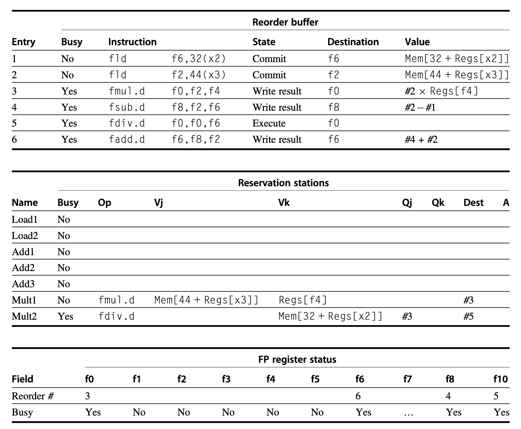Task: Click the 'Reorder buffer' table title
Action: [x=285, y=22]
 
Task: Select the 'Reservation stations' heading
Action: [x=283, y=183]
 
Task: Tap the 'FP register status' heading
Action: [x=297, y=360]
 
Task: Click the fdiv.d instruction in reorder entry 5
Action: [x=127, y=123]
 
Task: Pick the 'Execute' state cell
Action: [x=269, y=123]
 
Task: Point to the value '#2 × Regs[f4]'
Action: [x=441, y=91]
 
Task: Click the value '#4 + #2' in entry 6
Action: [x=421, y=140]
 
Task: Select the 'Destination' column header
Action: [x=353, y=42]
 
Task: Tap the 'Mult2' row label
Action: [x=24, y=316]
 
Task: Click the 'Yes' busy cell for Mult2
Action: [x=65, y=316]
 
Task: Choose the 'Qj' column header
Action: [x=407, y=203]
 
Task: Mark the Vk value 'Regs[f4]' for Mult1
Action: [x=303, y=300]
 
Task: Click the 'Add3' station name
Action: [x=23, y=284]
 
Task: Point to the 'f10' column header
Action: [x=500, y=379]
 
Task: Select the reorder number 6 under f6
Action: [x=358, y=396]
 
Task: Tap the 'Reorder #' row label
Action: [x=33, y=396]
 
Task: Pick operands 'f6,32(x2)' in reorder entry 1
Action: [x=199, y=59]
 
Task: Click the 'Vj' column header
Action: [x=158, y=203]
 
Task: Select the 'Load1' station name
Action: [x=24, y=220]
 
